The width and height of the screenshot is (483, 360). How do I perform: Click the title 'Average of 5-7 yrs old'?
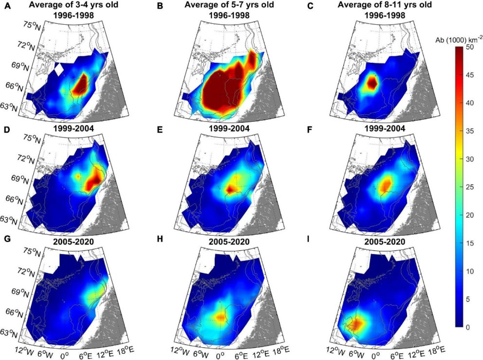pyautogui.click(x=228, y=6)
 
